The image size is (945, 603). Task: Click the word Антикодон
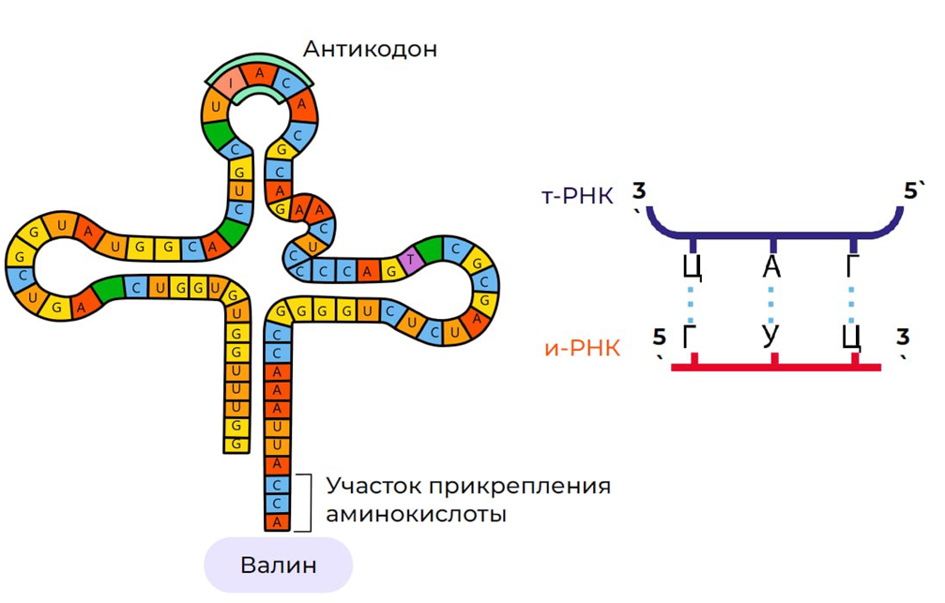click(x=370, y=49)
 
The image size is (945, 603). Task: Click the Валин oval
click(x=279, y=565)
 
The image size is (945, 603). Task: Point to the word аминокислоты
click(x=416, y=515)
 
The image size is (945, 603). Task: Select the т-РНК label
click(x=577, y=196)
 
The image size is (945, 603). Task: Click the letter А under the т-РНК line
click(x=771, y=267)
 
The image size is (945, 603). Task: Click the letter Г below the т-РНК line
click(x=851, y=267)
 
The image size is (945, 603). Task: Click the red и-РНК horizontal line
click(x=776, y=367)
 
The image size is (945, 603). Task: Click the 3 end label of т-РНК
click(x=639, y=192)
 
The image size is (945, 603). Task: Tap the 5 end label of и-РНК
click(x=659, y=337)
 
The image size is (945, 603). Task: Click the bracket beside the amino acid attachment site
click(x=306, y=503)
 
